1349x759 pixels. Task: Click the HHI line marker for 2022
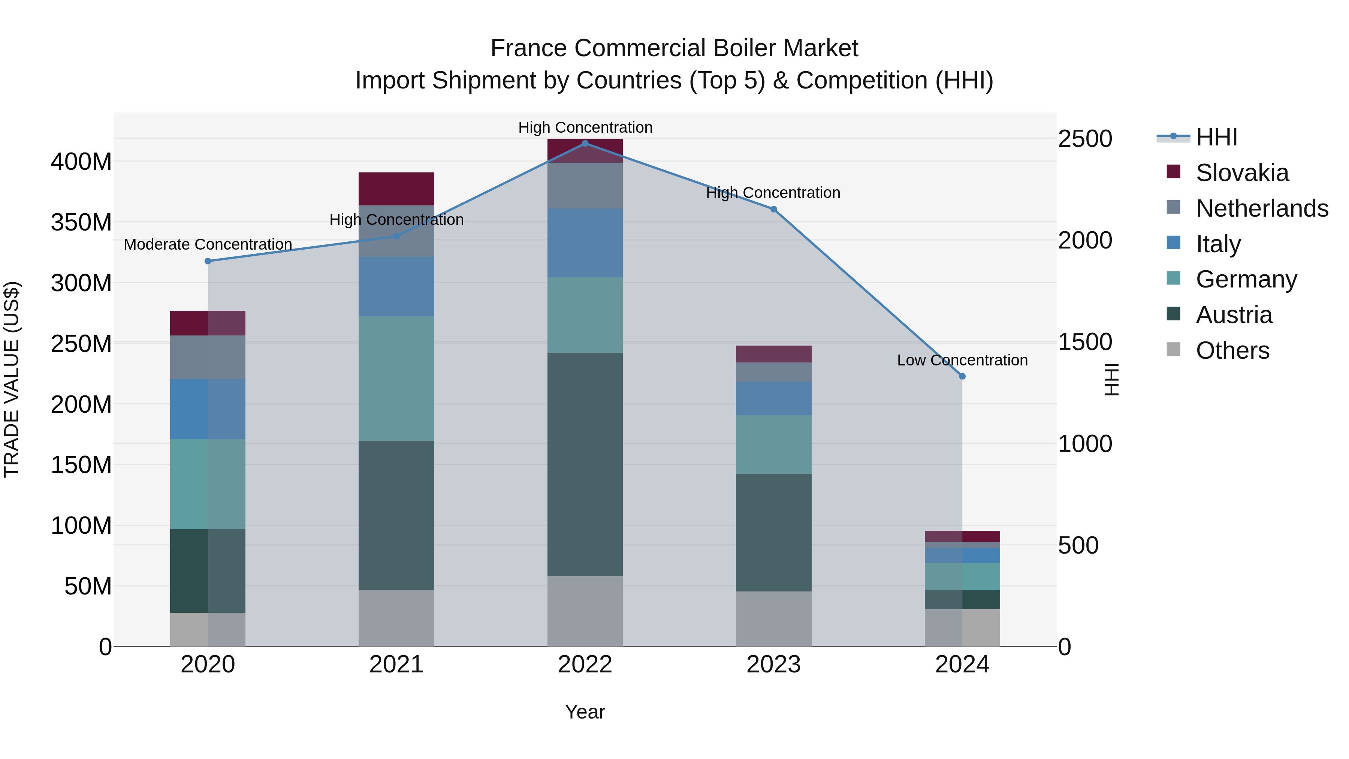(x=585, y=144)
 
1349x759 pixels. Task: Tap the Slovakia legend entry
(x=1242, y=173)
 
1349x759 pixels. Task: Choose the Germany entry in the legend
(x=1246, y=279)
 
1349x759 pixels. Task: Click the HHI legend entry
(x=1216, y=137)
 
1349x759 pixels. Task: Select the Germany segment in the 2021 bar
(x=396, y=378)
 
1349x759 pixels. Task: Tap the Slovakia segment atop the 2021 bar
(x=396, y=189)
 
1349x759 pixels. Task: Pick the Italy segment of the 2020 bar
(x=208, y=409)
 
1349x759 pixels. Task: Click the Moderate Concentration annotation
(x=208, y=245)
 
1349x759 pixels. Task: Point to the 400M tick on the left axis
(x=81, y=162)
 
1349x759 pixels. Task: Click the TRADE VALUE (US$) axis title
(x=12, y=379)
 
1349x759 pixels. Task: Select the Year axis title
(x=585, y=712)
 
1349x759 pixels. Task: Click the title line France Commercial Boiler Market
(x=674, y=48)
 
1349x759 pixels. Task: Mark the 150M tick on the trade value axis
(x=81, y=465)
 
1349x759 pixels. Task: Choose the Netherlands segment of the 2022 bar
(x=585, y=186)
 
